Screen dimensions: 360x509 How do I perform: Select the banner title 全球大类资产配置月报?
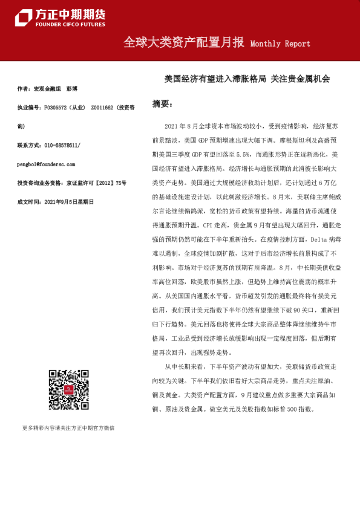coord(183,43)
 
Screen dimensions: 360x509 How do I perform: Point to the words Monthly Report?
coord(280,44)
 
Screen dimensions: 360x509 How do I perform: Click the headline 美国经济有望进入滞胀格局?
coord(215,79)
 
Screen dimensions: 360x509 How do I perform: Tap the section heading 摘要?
coord(162,103)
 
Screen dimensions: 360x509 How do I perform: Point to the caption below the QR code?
coord(68,428)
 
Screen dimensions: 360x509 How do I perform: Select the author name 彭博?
coord(72,89)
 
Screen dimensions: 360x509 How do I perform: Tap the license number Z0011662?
coord(101,108)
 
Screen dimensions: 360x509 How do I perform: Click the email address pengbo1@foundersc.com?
coord(46,164)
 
